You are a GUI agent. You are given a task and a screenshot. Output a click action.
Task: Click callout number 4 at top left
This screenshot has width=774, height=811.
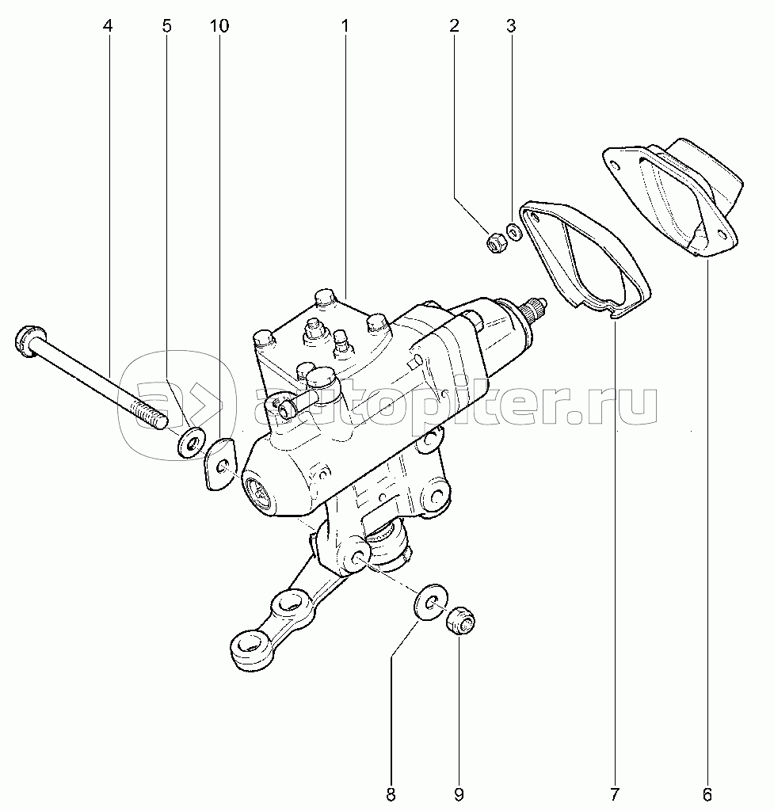[108, 26]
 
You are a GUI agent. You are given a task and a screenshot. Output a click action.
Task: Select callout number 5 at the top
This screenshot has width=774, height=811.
[166, 26]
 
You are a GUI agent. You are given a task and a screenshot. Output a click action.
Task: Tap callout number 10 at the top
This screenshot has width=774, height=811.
[219, 26]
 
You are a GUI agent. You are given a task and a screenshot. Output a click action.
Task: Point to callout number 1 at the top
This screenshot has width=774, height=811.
[345, 26]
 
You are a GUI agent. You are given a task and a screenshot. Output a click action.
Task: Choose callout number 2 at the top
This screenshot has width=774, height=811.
[454, 26]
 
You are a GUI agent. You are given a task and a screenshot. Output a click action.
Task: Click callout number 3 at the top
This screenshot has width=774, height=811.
[511, 26]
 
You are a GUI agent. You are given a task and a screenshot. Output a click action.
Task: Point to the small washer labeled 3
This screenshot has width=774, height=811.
[513, 230]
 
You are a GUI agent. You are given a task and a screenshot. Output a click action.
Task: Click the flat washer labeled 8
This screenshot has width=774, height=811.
[430, 605]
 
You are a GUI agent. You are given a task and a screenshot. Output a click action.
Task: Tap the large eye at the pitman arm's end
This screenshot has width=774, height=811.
[249, 649]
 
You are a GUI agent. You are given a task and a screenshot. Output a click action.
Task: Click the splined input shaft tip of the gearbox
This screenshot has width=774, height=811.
[533, 309]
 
